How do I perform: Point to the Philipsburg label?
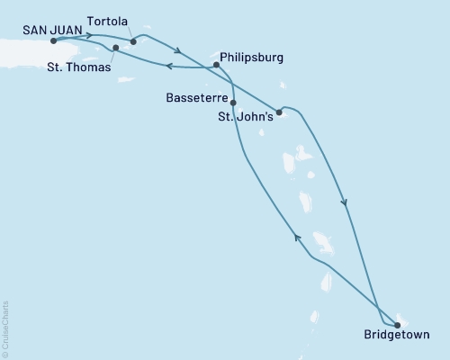pyautogui.click(x=251, y=58)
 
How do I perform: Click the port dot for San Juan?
pyautogui.click(x=55, y=40)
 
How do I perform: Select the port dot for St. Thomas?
pyautogui.click(x=116, y=47)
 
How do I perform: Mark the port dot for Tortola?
pyautogui.click(x=133, y=40)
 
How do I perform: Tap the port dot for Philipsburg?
pyautogui.click(x=216, y=65)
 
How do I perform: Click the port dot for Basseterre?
pyautogui.click(x=233, y=103)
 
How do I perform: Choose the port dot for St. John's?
pyautogui.click(x=279, y=112)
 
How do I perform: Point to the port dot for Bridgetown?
pyautogui.click(x=398, y=325)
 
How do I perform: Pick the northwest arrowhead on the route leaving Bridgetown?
pyautogui.click(x=296, y=237)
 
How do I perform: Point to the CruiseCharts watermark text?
pyautogui.click(x=6, y=328)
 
